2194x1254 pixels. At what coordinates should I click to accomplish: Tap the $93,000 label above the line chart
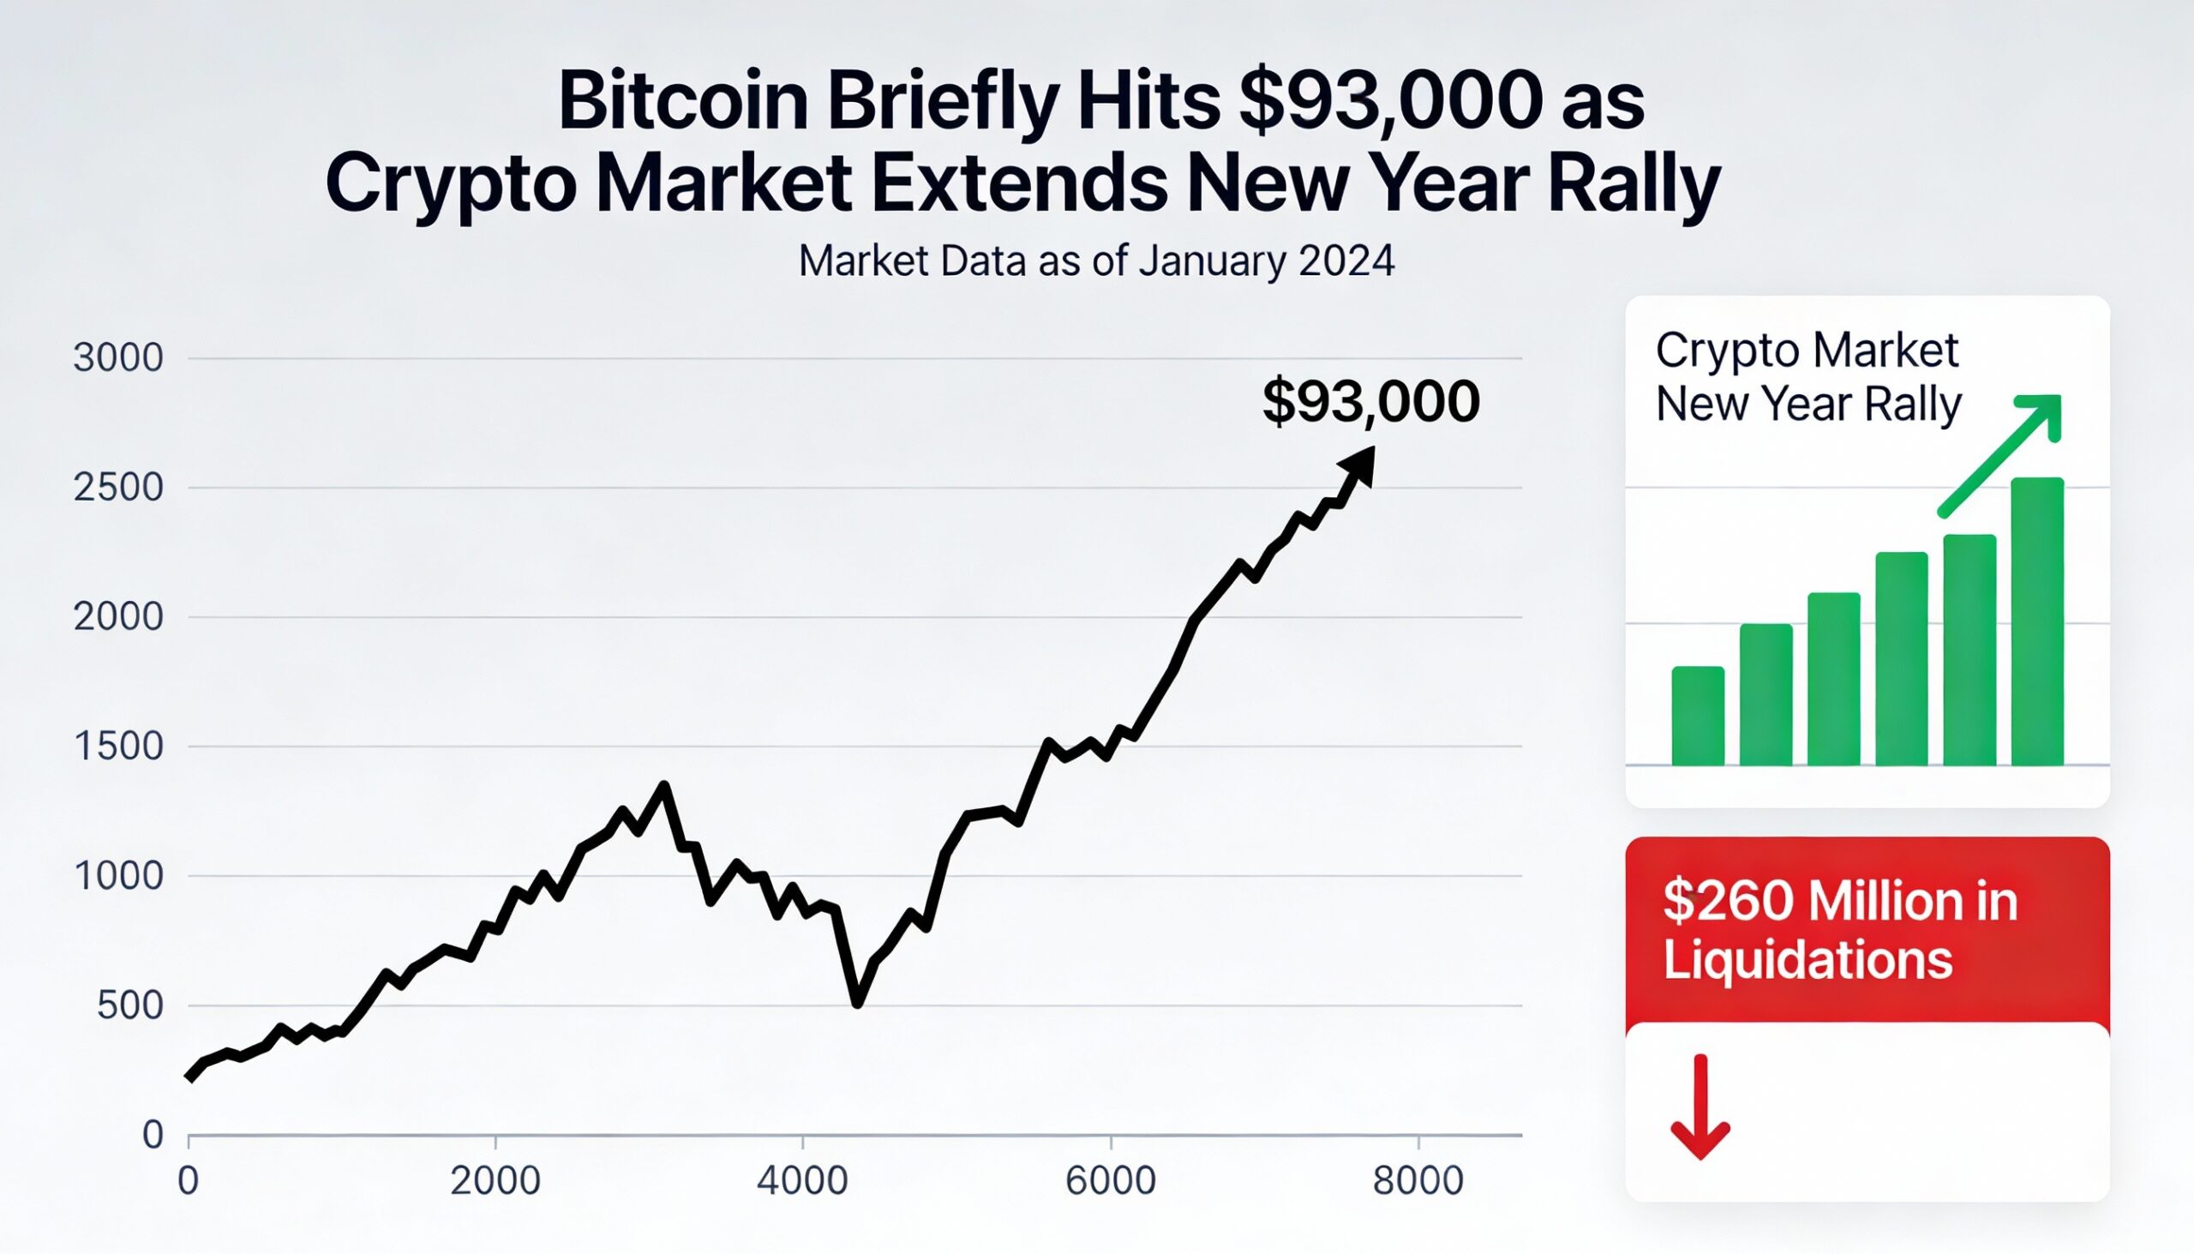(x=1370, y=401)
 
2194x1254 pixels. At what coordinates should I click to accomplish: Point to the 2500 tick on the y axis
(x=118, y=489)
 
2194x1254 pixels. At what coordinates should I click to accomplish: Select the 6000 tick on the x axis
(x=1110, y=1180)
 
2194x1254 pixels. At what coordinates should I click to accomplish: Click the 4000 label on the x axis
(x=801, y=1180)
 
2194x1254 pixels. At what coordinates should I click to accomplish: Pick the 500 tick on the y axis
(x=129, y=1006)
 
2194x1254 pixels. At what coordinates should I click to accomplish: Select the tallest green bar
(x=2036, y=621)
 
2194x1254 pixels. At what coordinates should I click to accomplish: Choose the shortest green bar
(x=1697, y=717)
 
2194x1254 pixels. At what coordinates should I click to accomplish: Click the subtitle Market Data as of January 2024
(x=1095, y=261)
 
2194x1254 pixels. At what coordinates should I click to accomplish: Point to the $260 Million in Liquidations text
(x=1839, y=930)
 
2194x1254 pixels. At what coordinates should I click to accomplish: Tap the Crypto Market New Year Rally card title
(x=1807, y=377)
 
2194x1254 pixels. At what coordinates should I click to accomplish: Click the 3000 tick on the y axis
(x=118, y=358)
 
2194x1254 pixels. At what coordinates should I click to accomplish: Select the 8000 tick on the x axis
(x=1418, y=1180)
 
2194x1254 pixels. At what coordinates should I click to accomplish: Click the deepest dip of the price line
(x=857, y=1002)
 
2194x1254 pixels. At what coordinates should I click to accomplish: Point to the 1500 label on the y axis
(x=118, y=747)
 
